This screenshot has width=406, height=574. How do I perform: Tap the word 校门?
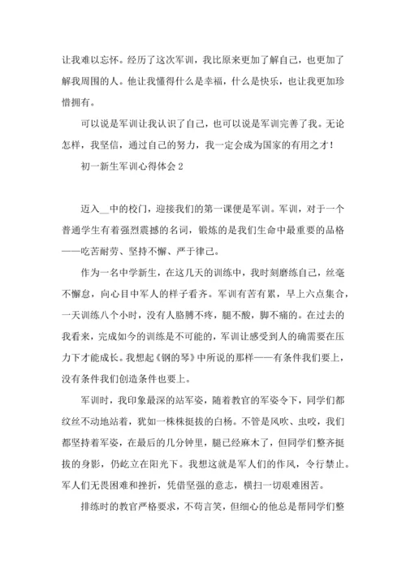pyautogui.click(x=152, y=208)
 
